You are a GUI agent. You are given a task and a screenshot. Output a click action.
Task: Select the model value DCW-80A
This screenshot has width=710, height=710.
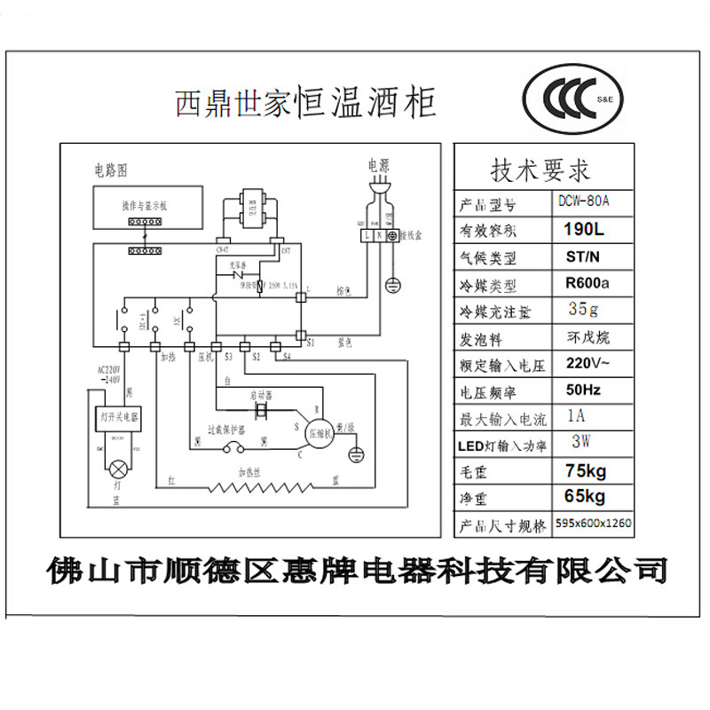pos(586,201)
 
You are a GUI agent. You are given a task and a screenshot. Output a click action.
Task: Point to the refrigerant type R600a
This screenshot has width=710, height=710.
pos(585,285)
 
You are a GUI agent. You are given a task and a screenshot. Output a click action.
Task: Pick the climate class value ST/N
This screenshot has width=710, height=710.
pos(583,257)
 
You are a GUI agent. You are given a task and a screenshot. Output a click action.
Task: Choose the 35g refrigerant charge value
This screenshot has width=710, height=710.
pos(583,310)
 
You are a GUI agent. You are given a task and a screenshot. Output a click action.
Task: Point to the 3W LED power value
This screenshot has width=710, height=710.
pos(582,441)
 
